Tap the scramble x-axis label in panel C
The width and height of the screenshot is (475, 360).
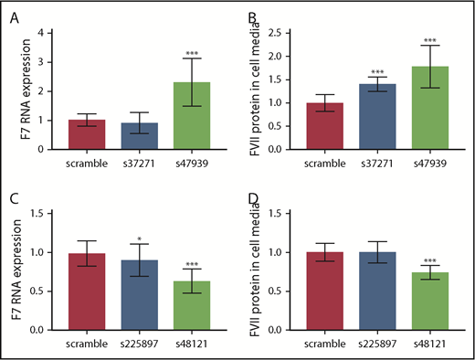point(85,344)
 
